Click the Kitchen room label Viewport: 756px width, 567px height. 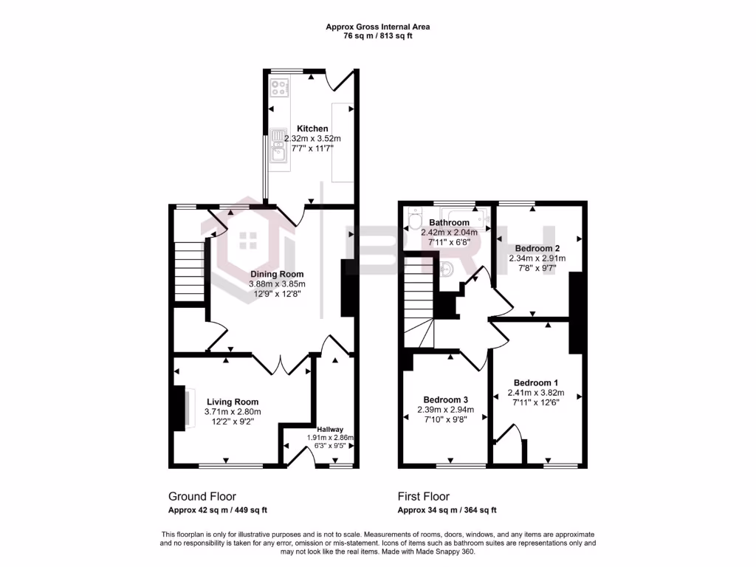[x=312, y=128]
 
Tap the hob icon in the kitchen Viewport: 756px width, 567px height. [x=280, y=88]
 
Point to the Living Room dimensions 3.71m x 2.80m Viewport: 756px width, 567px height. [x=233, y=412]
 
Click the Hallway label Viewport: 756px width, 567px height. [x=331, y=429]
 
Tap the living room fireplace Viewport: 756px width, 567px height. [x=179, y=408]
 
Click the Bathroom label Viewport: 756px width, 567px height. [x=449, y=222]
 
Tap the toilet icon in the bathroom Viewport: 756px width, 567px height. [x=414, y=219]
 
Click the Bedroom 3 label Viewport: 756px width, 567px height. [x=445, y=399]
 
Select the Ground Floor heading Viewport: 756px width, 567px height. [x=202, y=497]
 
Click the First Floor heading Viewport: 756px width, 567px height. [x=423, y=497]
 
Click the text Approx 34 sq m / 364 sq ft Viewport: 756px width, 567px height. [x=447, y=510]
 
